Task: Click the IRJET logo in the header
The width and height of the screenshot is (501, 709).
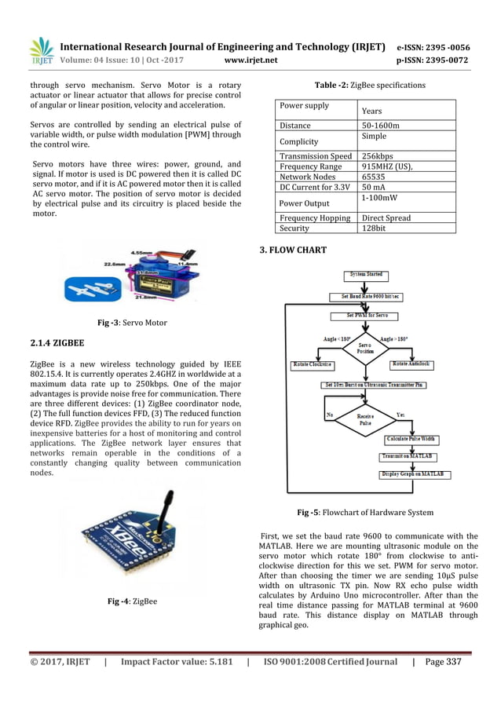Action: click(42, 51)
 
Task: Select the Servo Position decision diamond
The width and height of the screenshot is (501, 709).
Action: click(366, 347)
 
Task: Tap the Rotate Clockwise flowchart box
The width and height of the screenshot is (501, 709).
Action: click(313, 365)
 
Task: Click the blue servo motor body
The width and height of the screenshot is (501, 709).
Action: click(140, 280)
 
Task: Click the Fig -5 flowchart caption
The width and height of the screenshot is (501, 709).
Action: click(365, 513)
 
